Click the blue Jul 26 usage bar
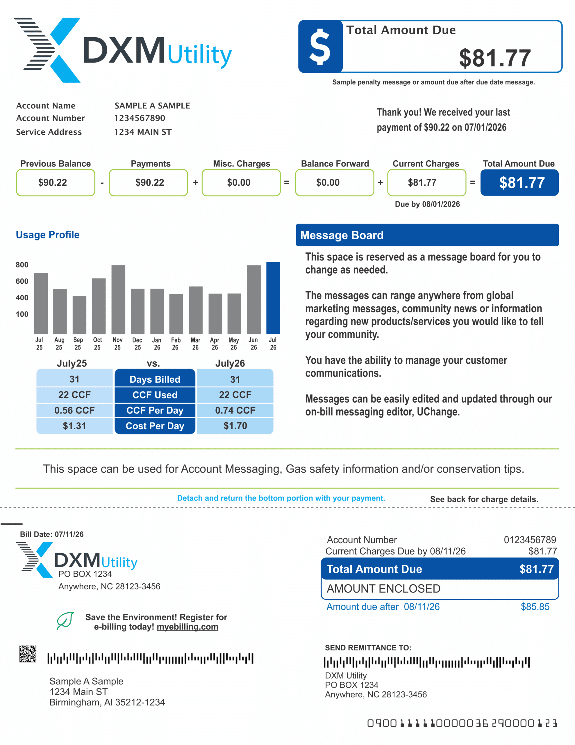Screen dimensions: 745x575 click(x=273, y=298)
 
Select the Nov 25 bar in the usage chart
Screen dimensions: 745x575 click(x=118, y=299)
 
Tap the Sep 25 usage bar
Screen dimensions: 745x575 click(x=79, y=315)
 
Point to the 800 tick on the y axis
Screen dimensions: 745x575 click(x=22, y=265)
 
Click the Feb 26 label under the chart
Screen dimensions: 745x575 click(x=176, y=343)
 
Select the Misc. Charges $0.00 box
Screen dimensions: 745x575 click(x=241, y=182)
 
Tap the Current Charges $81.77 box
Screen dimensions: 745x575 click(x=426, y=182)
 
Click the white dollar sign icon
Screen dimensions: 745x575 click(x=320, y=46)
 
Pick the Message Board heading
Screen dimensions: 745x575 click(x=342, y=235)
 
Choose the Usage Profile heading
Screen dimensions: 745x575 click(x=48, y=235)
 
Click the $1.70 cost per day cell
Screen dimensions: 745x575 click(x=235, y=426)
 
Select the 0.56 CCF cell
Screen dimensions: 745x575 click(x=74, y=410)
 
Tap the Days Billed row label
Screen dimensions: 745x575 click(x=155, y=379)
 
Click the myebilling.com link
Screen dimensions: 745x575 click(x=187, y=627)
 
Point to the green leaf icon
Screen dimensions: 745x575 click(x=65, y=620)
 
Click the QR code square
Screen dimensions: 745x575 click(x=28, y=654)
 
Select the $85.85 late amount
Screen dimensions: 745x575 click(x=535, y=606)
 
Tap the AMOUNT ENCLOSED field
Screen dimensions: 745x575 click(x=440, y=589)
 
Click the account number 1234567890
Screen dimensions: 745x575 click(x=140, y=118)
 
